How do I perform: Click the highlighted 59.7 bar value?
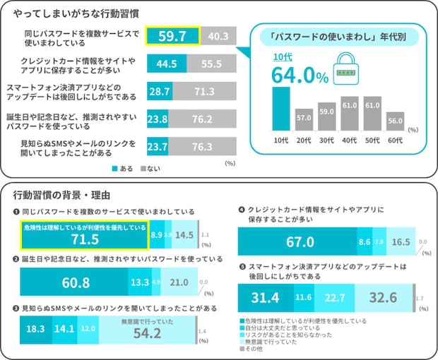(x=172, y=37)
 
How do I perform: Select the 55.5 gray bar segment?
(x=212, y=64)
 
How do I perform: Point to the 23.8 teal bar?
(x=157, y=119)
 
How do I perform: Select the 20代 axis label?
(x=304, y=140)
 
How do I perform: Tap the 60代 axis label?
(x=395, y=140)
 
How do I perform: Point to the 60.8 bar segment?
(x=75, y=282)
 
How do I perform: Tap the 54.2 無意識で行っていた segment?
(x=148, y=329)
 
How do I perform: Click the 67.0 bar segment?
(x=297, y=241)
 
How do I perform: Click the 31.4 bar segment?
(x=264, y=297)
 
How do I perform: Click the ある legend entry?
(x=123, y=169)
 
